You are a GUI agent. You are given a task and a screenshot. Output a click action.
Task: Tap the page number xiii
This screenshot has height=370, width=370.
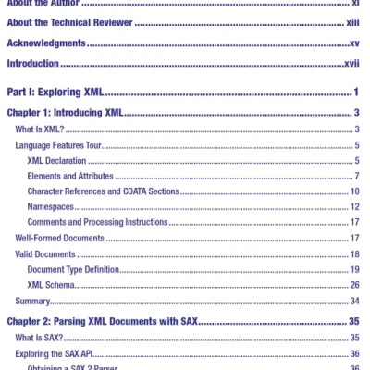(354, 22)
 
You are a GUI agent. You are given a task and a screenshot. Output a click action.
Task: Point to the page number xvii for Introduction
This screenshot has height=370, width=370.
(351, 64)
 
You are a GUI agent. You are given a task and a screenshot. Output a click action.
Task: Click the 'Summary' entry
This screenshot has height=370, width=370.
(34, 301)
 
